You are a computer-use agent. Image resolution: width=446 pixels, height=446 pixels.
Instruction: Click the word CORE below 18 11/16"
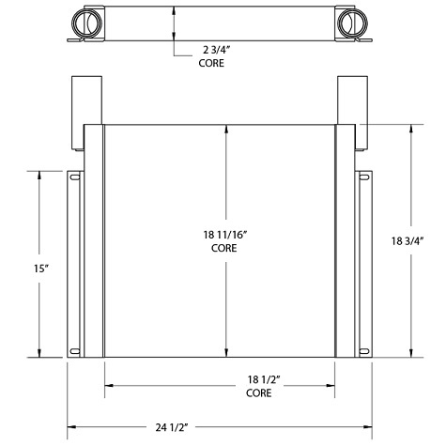click(223, 250)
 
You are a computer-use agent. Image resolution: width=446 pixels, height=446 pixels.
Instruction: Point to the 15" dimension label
click(38, 269)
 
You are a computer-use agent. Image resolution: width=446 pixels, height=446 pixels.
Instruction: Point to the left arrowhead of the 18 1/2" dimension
click(107, 383)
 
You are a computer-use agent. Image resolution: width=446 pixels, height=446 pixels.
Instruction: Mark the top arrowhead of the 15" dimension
click(38, 174)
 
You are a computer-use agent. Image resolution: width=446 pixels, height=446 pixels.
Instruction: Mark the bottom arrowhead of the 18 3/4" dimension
click(410, 354)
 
